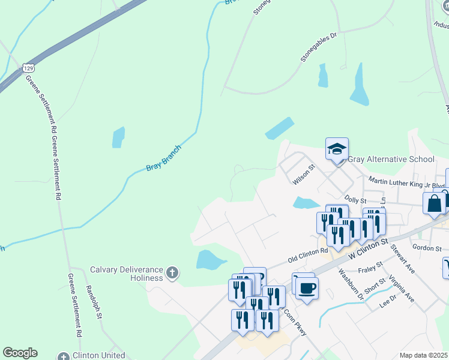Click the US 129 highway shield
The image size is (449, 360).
coord(28,68)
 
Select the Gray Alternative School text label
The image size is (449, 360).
coord(391,159)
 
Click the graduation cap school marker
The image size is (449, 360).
coord(337,149)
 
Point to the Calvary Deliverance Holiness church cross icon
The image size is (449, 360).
coord(172,273)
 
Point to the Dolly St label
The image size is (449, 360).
coord(355,198)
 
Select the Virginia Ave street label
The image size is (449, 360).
coord(401,288)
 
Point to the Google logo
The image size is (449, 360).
coord(20,353)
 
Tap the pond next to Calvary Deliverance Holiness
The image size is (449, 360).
coord(209,260)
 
